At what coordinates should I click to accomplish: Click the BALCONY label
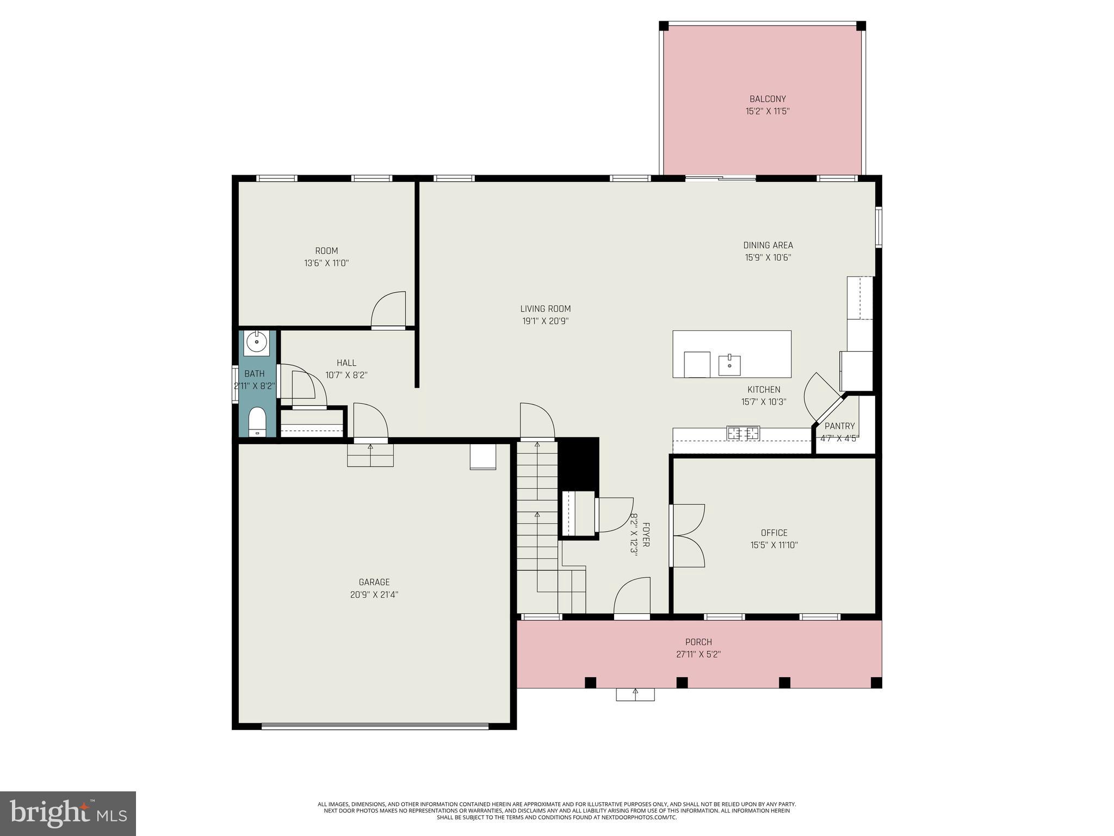pos(768,99)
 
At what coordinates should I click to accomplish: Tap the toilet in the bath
pos(257,422)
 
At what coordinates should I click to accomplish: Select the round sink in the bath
pos(257,342)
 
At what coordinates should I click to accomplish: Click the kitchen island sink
pos(729,365)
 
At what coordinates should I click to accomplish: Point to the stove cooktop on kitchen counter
pos(743,433)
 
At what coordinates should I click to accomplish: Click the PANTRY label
pos(839,426)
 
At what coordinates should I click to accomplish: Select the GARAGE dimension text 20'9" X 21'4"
pos(374,595)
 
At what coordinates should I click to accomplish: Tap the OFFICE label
pos(774,533)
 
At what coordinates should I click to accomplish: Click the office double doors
pos(688,536)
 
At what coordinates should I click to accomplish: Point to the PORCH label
pos(698,642)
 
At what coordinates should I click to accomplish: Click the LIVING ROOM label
pos(546,309)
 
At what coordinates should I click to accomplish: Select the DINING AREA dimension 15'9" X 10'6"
pos(768,257)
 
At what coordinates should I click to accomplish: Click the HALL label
pos(346,363)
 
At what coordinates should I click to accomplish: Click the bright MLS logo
pos(68,813)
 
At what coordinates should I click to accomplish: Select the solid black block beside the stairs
pos(579,463)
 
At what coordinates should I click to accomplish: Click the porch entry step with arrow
pos(635,694)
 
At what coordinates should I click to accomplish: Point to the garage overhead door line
pos(375,726)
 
